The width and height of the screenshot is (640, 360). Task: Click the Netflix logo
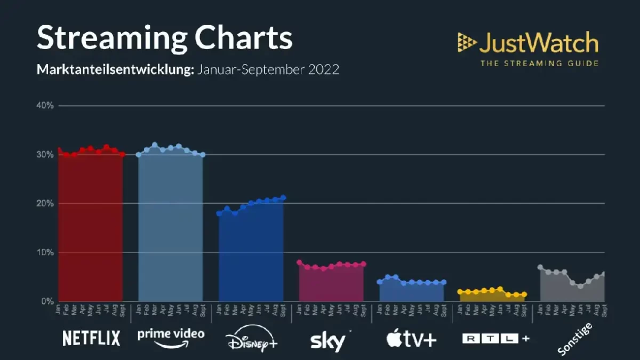91,338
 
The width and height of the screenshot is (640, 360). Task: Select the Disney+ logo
251,339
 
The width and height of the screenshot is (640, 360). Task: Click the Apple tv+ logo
412,339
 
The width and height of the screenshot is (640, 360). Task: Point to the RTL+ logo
496,338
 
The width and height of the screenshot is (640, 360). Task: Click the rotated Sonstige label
574,338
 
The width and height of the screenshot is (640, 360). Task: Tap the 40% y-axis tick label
45,106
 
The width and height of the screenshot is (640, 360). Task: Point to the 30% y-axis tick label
45,155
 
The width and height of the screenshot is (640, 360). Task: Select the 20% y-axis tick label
45,203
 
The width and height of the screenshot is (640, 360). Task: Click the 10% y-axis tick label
45,252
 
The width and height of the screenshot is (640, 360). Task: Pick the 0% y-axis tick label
47,301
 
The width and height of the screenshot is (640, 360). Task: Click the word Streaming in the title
110,38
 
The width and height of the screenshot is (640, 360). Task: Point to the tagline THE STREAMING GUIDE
539,63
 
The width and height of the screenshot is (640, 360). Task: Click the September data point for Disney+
283,198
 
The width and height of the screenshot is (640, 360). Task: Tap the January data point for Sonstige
540,267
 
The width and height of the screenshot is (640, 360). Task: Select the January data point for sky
299,262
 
